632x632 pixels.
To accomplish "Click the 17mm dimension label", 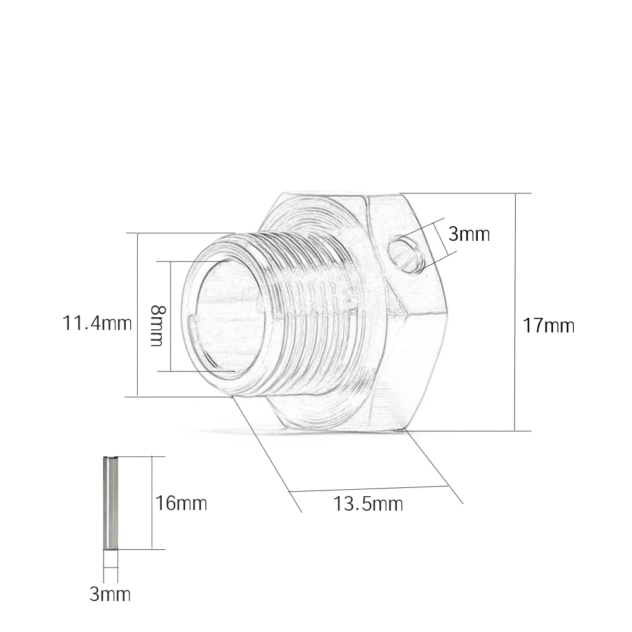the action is click(x=548, y=325).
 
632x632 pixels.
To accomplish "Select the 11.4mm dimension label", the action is click(x=97, y=323).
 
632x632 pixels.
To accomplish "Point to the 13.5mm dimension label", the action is click(x=368, y=504).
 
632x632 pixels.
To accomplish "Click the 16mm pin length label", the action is click(x=181, y=504).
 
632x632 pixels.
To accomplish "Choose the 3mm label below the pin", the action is click(x=110, y=595).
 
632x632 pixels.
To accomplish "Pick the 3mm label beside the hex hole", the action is click(x=469, y=234).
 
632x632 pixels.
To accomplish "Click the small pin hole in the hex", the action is click(x=405, y=254).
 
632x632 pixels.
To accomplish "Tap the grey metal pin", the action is click(x=110, y=502).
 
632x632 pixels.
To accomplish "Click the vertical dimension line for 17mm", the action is click(x=514, y=312).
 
